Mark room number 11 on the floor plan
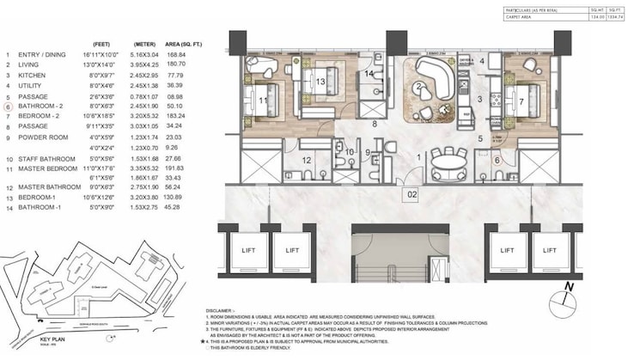pos(263,100)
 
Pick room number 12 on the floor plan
pos(307,160)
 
